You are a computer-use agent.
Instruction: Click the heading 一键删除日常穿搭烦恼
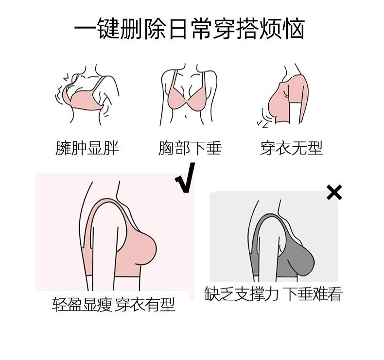pos(190,29)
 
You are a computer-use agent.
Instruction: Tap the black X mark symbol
pos(334,193)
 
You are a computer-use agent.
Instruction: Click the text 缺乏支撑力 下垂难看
pos(274,294)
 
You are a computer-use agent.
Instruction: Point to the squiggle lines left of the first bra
pos(59,95)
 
